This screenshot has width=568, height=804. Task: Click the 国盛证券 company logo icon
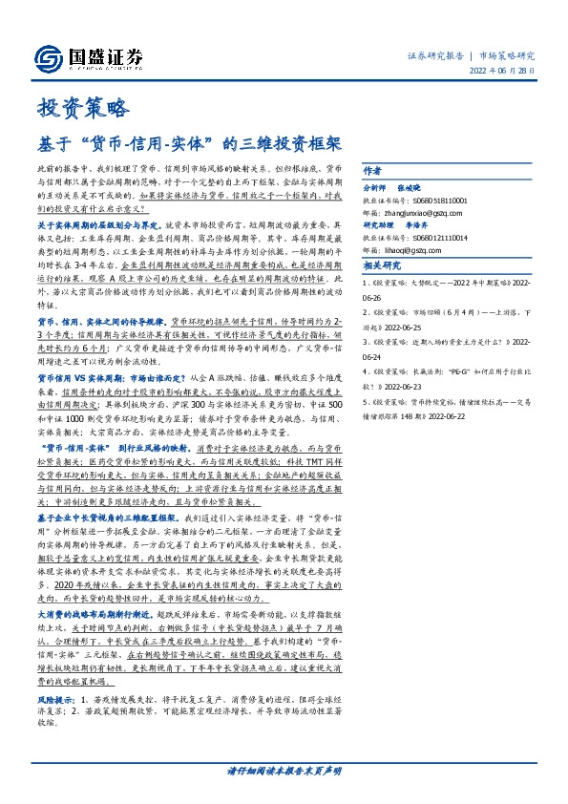[x=52, y=57]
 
